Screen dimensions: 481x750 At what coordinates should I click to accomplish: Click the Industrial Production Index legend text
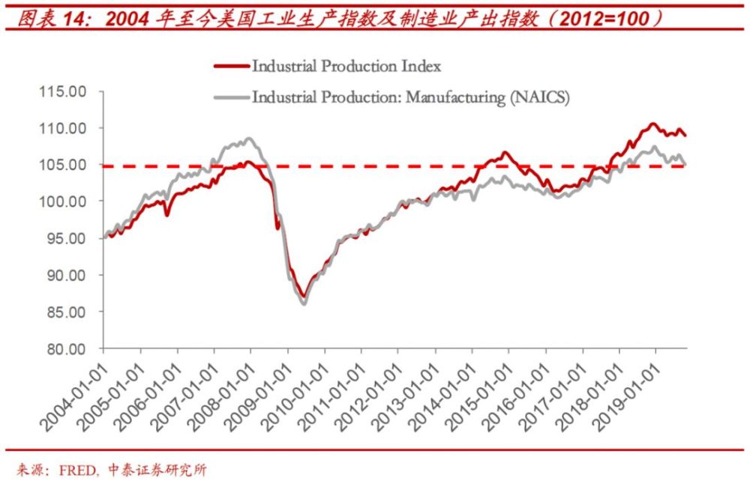pos(346,66)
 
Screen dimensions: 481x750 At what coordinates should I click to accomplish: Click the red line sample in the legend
pos(230,66)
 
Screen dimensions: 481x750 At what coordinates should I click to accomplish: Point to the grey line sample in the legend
pos(230,97)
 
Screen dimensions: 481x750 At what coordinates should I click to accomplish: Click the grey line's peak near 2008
pos(249,139)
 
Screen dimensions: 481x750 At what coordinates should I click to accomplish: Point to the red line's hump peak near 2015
pos(505,153)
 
